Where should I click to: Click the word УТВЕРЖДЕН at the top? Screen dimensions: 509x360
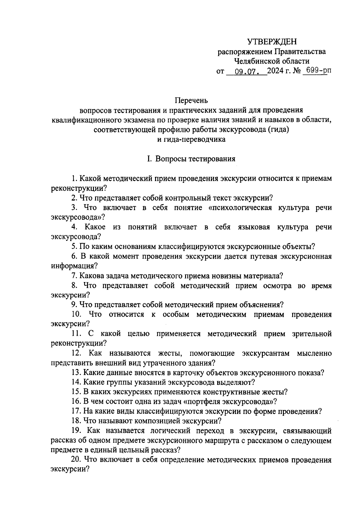tap(272, 42)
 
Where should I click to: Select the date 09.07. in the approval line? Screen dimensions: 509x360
tap(247, 72)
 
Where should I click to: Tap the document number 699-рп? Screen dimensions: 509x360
tap(315, 71)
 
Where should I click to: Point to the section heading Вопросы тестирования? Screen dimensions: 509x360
tap(195, 159)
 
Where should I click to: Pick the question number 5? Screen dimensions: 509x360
tap(74, 247)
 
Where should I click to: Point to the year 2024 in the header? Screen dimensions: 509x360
tap(276, 72)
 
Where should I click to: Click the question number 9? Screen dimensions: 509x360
tap(74, 305)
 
